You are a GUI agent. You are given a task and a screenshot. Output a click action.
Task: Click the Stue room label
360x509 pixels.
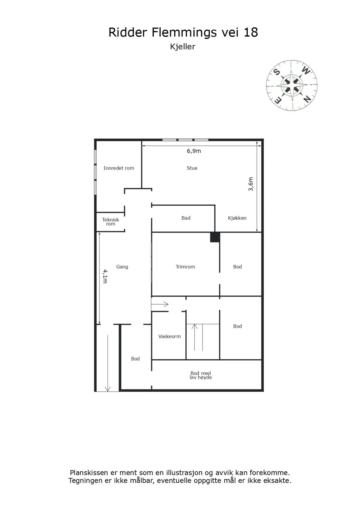pyautogui.click(x=192, y=168)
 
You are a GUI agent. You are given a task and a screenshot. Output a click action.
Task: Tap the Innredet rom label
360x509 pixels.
pyautogui.click(x=118, y=168)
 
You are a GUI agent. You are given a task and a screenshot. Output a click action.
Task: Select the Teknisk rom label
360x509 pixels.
pyautogui.click(x=110, y=221)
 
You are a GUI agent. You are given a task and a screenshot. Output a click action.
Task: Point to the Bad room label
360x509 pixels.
pyautogui.click(x=186, y=218)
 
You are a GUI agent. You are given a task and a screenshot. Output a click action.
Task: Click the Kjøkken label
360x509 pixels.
pyautogui.click(x=237, y=218)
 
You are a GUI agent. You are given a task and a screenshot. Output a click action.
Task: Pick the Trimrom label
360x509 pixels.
pyautogui.click(x=185, y=267)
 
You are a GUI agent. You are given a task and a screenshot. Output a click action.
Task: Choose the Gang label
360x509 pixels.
pyautogui.click(x=122, y=267)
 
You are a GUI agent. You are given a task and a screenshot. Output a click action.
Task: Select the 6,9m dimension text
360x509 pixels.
pyautogui.click(x=194, y=151)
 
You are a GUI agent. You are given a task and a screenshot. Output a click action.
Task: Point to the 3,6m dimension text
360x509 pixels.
pyautogui.click(x=250, y=184)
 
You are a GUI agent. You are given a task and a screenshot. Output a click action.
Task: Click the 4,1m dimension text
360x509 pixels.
pyautogui.click(x=105, y=276)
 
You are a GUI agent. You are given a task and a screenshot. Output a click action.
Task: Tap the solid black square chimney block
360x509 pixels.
pyautogui.click(x=215, y=237)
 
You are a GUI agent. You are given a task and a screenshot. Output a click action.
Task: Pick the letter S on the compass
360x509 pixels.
pyautogui.click(x=276, y=72)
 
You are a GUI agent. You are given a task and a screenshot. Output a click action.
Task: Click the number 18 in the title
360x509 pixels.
pyautogui.click(x=251, y=32)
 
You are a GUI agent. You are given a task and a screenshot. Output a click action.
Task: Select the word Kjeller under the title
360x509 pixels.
pyautogui.click(x=183, y=47)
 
